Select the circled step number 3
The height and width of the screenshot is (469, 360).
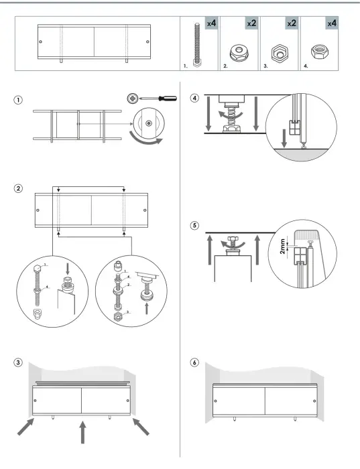pos(19,363)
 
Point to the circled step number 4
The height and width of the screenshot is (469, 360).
pos(195,98)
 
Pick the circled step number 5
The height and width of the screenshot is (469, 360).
pos(195,225)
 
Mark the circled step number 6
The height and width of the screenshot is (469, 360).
pos(195,363)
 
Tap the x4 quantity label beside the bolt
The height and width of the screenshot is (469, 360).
pos(211,23)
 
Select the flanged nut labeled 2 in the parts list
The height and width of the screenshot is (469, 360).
pos(238,53)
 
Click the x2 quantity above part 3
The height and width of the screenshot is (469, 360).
pos(292,23)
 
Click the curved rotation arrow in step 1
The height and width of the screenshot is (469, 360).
pos(149,137)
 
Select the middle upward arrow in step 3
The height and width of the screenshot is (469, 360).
pos(82,432)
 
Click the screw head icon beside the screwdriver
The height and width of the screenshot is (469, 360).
pos(132,98)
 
